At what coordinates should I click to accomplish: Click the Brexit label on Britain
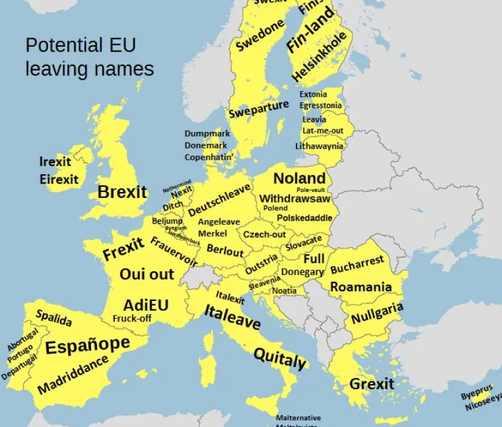point(122,192)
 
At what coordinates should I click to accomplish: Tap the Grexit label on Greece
point(371,384)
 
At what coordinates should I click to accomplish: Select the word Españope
point(87,345)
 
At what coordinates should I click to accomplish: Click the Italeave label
point(232,317)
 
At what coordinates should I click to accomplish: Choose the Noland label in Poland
point(299,178)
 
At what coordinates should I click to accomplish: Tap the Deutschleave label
point(219,199)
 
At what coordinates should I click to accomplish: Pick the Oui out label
point(147,274)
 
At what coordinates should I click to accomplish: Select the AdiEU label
point(146,305)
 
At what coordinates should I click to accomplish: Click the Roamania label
point(361,287)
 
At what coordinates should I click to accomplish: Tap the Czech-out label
point(264,234)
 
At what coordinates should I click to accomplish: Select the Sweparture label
point(258,109)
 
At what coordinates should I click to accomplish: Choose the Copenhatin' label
point(209,157)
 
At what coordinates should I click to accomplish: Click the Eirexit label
point(59,179)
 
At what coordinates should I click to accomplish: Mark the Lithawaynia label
point(319,146)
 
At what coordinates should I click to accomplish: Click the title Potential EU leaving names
point(89,57)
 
